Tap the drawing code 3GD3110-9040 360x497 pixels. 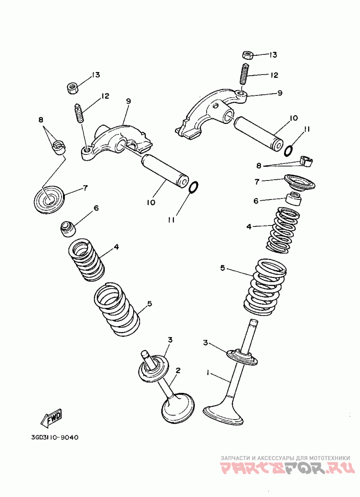55,438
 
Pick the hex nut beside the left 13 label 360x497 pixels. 73,87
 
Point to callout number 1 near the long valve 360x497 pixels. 208,373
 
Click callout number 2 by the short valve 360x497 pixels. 178,370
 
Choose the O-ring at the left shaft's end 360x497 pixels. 193,187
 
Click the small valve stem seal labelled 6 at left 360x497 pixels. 68,229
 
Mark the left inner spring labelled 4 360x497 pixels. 86,260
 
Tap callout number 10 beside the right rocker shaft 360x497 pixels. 294,118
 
